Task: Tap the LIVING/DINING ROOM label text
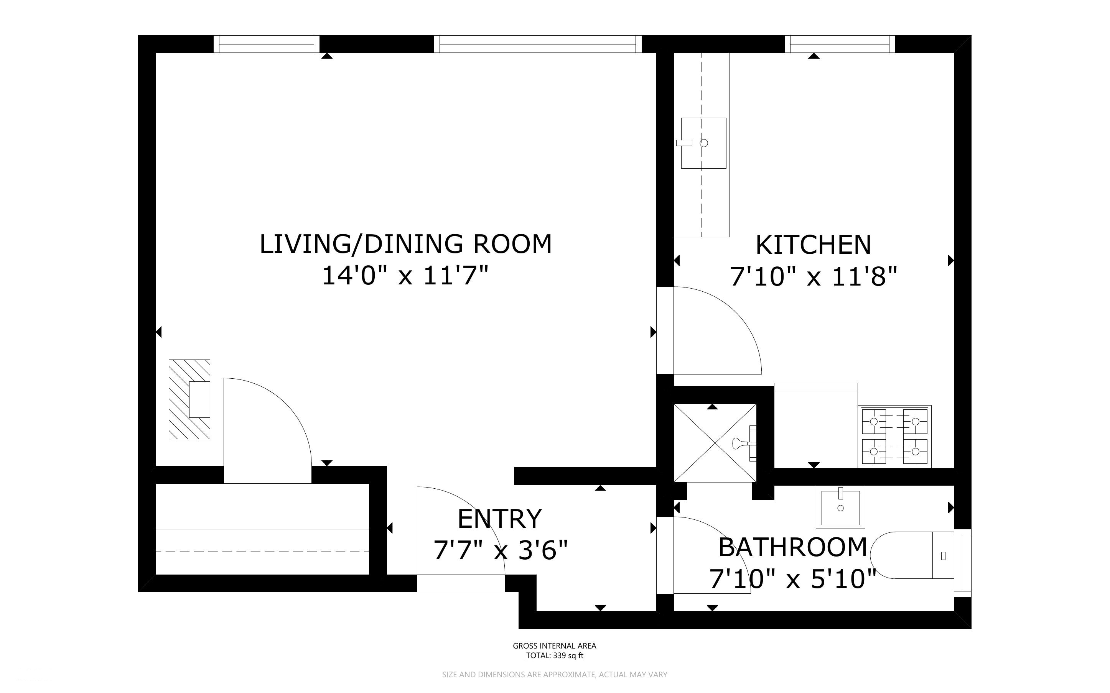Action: tap(406, 244)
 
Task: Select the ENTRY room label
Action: tap(500, 519)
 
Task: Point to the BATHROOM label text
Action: tap(793, 547)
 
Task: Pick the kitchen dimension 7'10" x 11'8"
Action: tap(814, 277)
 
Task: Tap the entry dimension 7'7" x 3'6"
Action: tap(501, 550)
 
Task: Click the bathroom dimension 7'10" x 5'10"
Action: tap(793, 579)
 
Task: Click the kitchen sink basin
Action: tap(703, 143)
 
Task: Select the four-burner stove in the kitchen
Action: tap(894, 436)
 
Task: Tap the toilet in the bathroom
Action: tap(912, 555)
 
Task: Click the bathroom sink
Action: tap(840, 507)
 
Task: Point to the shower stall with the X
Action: tap(715, 443)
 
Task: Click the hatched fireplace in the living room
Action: tap(189, 399)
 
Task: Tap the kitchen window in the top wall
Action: tap(840, 44)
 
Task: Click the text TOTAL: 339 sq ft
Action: tap(554, 655)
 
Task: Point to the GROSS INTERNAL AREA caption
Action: tap(554, 646)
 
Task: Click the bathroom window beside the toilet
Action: tap(963, 563)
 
